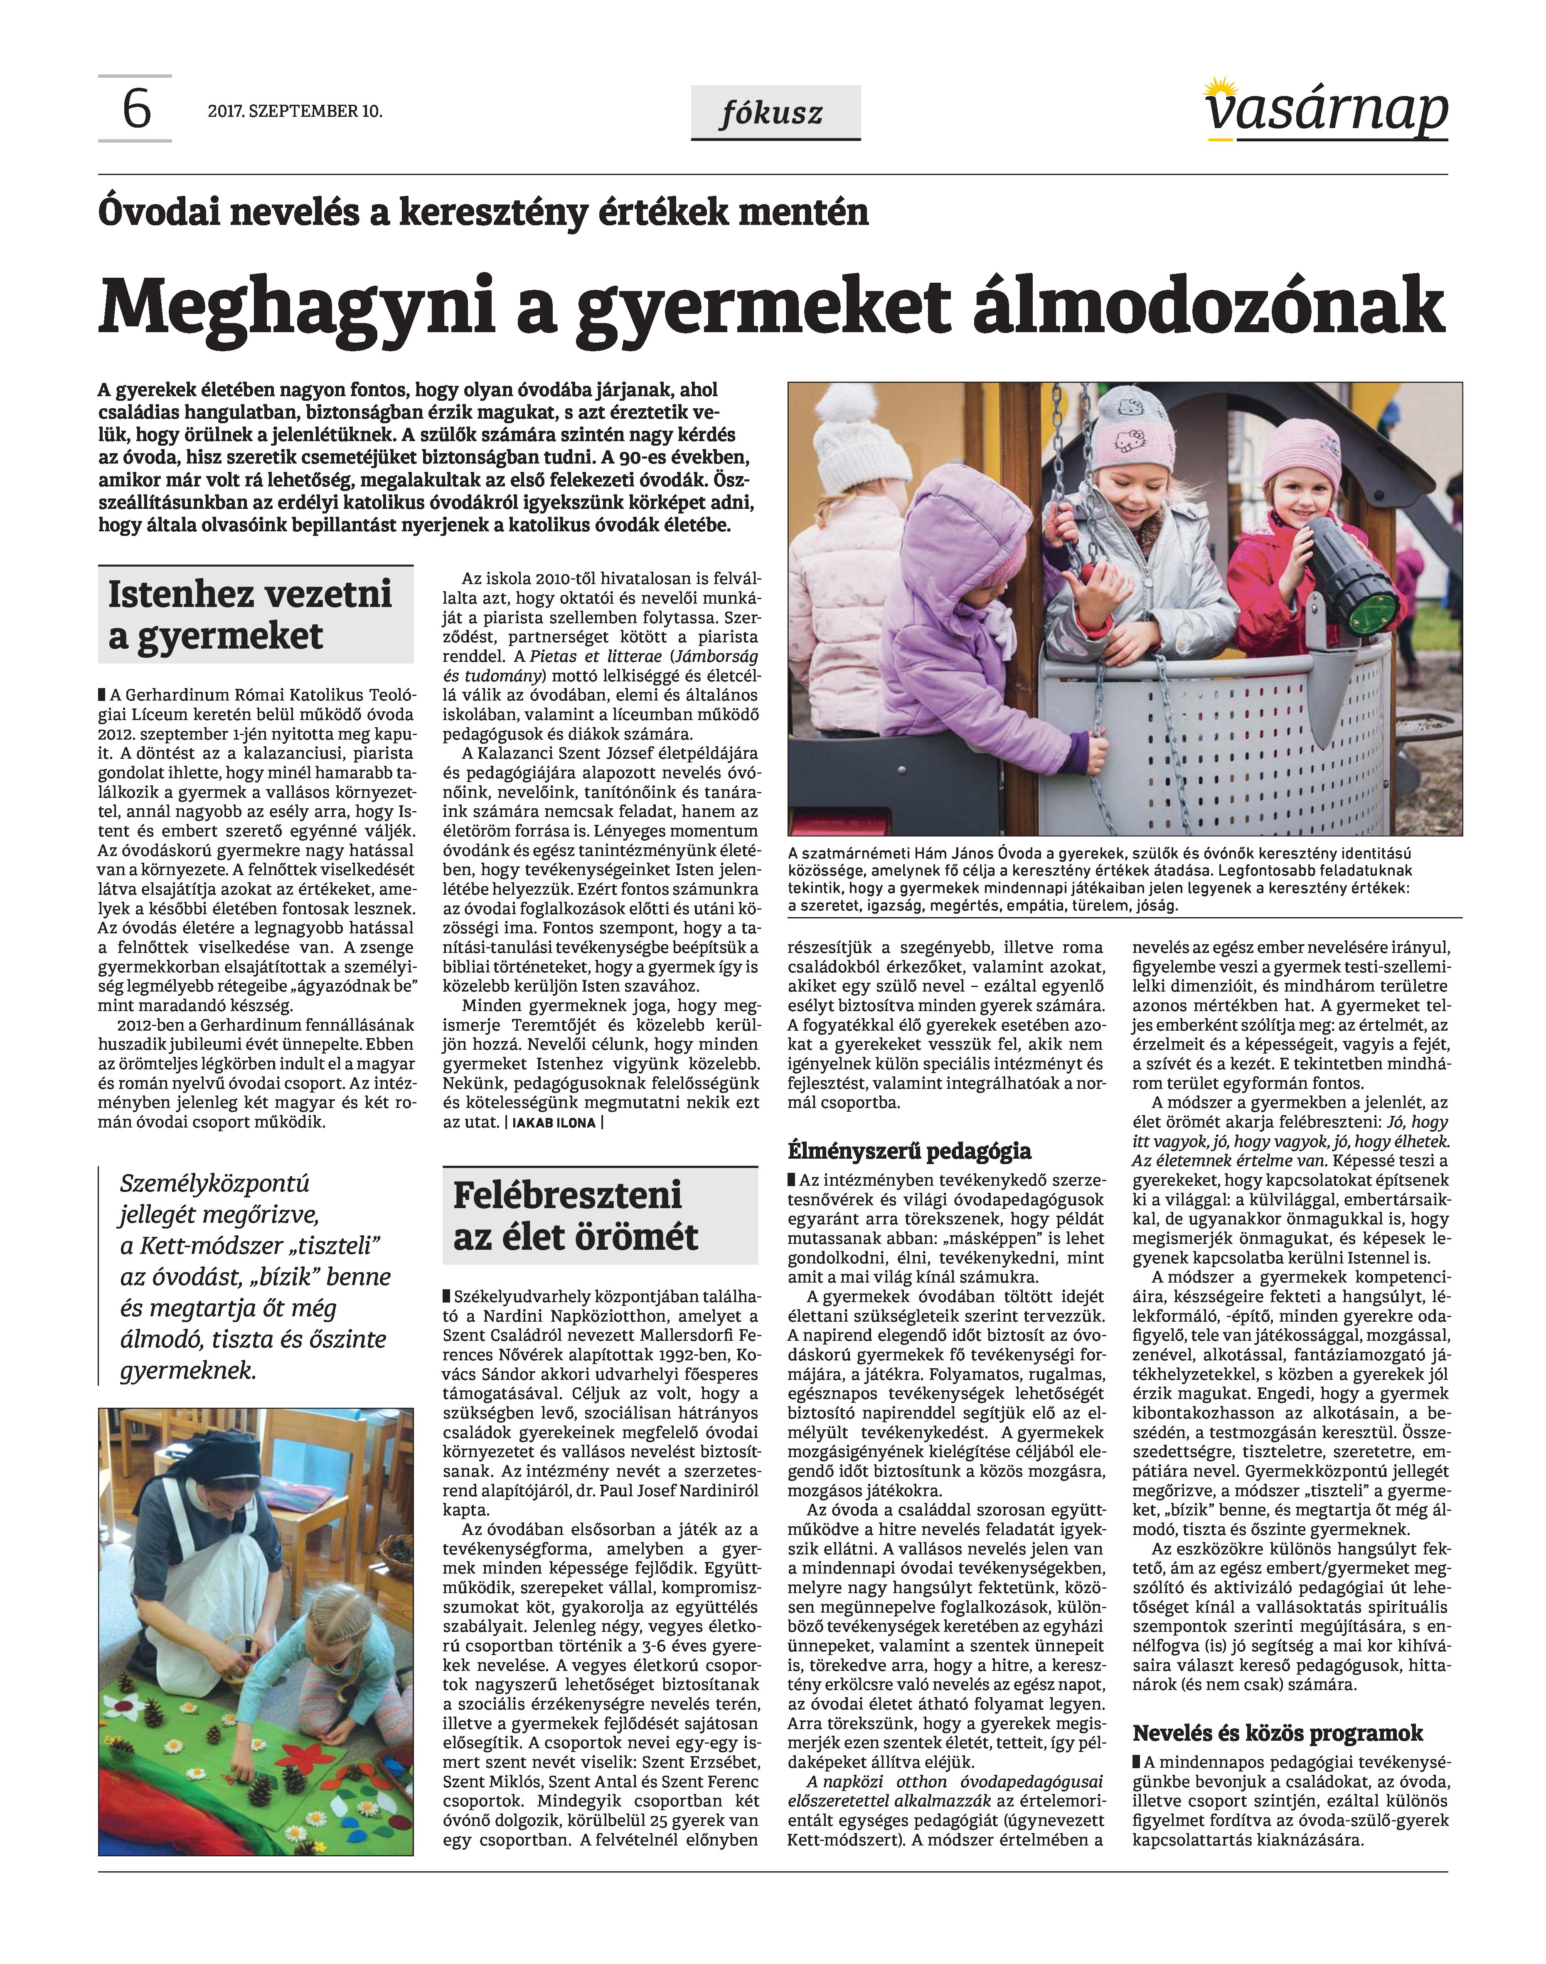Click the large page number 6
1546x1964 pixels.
click(x=136, y=111)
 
